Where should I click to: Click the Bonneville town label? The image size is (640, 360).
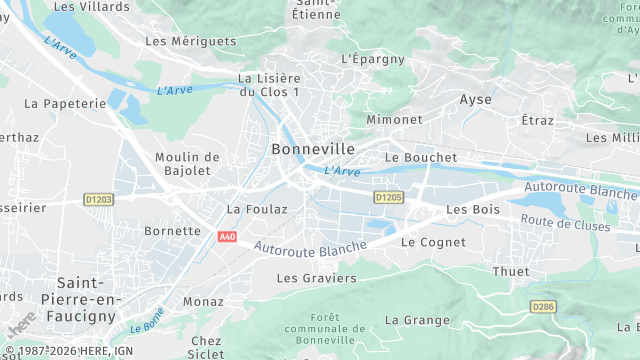tap(313, 149)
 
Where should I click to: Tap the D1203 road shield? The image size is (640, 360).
tap(98, 199)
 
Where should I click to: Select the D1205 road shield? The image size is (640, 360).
tap(388, 198)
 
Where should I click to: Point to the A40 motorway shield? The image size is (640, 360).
tap(227, 236)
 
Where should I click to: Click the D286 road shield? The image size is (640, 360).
tap(543, 306)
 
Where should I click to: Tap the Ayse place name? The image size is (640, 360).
tap(475, 100)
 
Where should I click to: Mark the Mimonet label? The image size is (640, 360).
tap(395, 119)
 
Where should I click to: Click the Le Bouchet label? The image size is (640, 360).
tap(420, 158)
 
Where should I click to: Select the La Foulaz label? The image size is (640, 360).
tap(257, 210)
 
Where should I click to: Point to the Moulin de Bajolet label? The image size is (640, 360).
tap(187, 163)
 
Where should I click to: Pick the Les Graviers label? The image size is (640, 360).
tap(316, 278)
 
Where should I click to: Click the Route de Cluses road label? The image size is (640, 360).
tap(566, 224)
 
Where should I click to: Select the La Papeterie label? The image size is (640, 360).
tap(65, 103)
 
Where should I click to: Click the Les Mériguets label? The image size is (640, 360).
tap(191, 42)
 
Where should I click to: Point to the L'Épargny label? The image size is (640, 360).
tap(373, 59)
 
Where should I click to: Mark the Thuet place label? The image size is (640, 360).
tap(511, 272)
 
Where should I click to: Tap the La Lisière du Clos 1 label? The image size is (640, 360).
tap(269, 85)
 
